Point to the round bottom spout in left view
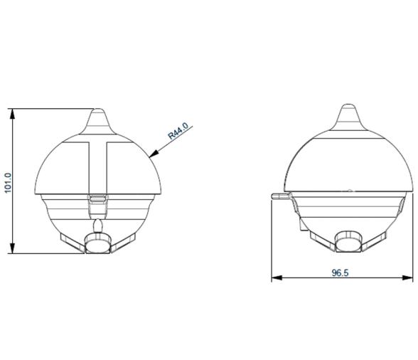(x=98, y=243)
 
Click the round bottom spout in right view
(x=348, y=242)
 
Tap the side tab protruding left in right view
(x=280, y=194)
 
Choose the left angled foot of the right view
(x=322, y=240)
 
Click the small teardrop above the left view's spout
(x=98, y=226)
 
